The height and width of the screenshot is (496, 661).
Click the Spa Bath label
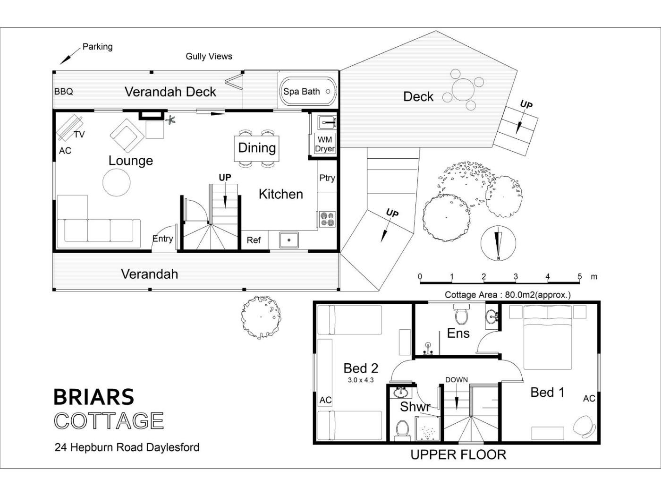pos(301,92)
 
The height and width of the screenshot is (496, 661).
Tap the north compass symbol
pos(499,243)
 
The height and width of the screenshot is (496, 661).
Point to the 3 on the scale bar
pos(516,276)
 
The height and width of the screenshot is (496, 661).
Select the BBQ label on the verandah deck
pos(64,91)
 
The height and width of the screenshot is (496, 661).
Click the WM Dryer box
pos(325,144)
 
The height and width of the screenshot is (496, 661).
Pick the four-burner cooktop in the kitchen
pos(327,219)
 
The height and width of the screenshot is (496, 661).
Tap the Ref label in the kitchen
pos(254,240)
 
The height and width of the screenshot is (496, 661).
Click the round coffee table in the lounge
pos(117,182)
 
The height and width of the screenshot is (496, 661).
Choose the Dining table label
pos(257,148)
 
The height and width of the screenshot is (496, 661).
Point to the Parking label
pos(98,47)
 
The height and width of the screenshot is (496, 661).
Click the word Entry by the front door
pos(162,239)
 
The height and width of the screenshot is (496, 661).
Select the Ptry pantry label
pos(327,178)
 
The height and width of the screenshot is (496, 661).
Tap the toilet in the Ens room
pos(461,314)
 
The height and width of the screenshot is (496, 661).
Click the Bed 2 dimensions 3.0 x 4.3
pos(361,380)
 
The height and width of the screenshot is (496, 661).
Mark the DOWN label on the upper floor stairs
pos(457,380)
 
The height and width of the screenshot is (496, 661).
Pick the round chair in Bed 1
pos(584,426)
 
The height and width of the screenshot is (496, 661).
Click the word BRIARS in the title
pos(94,397)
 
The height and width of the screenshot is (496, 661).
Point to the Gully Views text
pos(209,56)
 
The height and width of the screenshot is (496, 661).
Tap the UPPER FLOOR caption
pos(458,455)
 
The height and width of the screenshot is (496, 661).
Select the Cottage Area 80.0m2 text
pos(508,294)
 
